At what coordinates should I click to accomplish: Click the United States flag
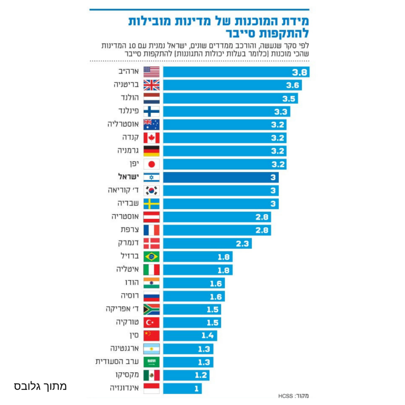click(151, 72)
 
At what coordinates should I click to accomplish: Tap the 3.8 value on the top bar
click(299, 72)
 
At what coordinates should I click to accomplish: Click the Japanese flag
click(151, 165)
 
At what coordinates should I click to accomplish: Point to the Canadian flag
click(151, 138)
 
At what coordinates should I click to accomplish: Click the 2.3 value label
click(242, 244)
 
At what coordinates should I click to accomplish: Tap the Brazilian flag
click(151, 257)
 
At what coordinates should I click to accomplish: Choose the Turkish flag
click(151, 323)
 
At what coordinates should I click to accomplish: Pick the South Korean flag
click(151, 191)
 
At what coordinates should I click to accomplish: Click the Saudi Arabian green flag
click(151, 362)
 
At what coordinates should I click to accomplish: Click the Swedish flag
click(151, 204)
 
